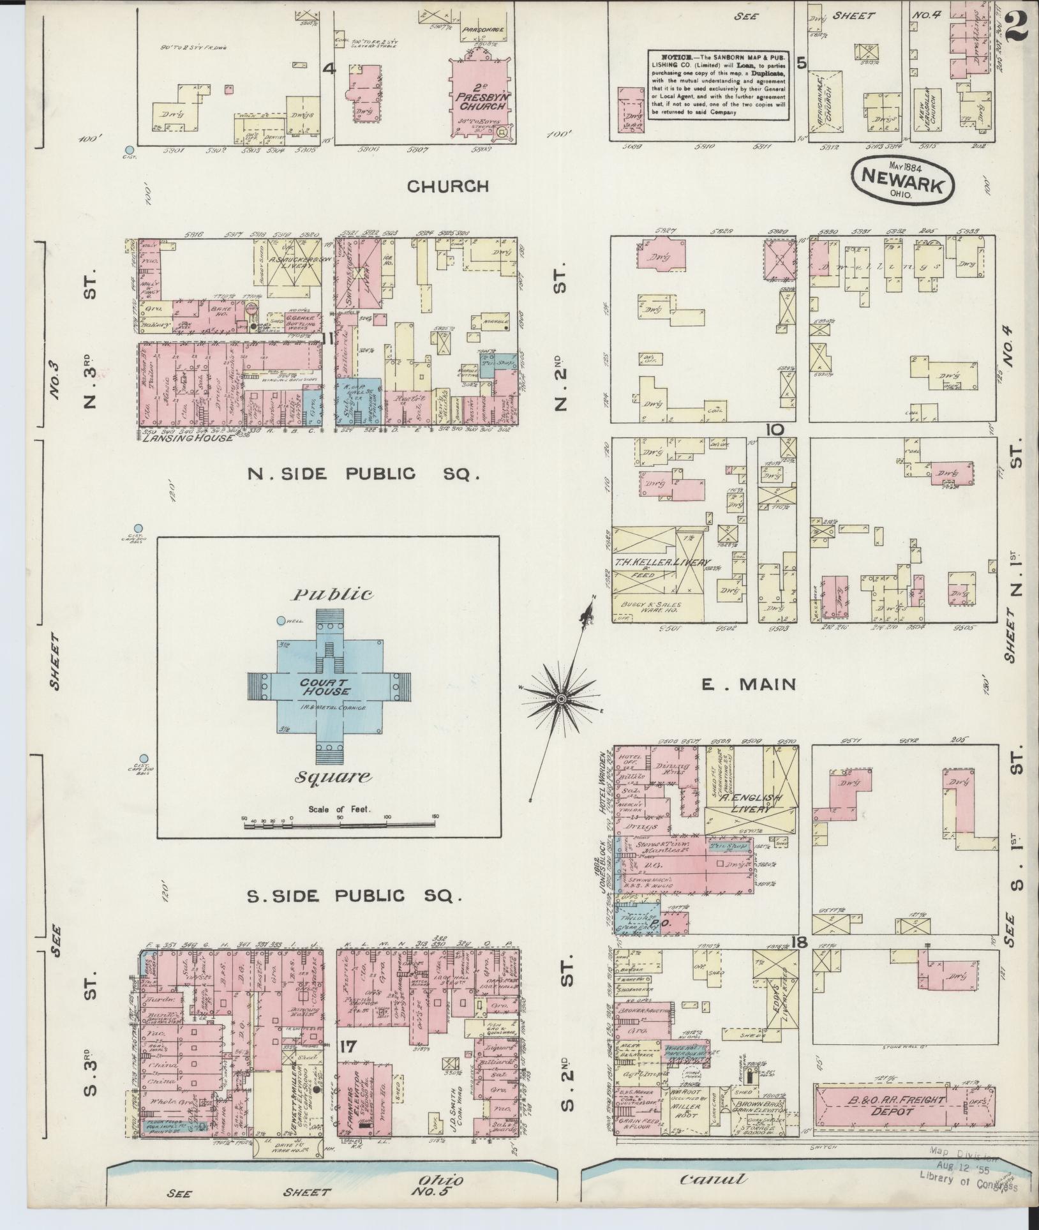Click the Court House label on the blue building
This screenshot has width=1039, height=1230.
click(x=326, y=688)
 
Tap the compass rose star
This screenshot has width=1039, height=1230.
click(x=560, y=700)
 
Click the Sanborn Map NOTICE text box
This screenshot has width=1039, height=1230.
click(x=717, y=84)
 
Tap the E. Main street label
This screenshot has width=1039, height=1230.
click(x=749, y=685)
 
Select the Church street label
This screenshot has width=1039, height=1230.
click(x=448, y=186)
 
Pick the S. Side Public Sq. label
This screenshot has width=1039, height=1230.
click(x=354, y=896)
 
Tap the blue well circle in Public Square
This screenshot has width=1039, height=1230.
click(x=280, y=620)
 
